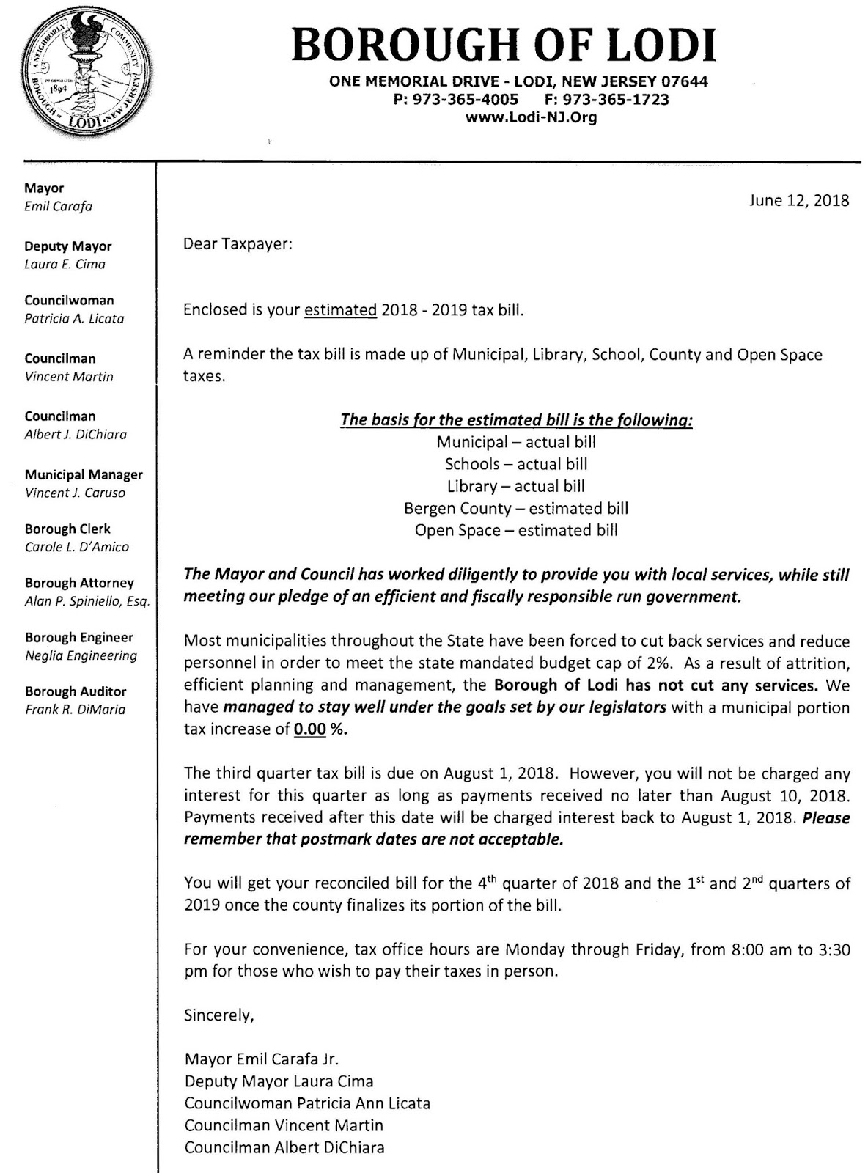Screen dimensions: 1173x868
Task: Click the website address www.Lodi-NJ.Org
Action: pos(531,117)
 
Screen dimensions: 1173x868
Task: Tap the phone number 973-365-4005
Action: pos(466,100)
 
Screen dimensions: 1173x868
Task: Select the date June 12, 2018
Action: pos(798,201)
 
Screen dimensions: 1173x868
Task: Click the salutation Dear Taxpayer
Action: pos(238,243)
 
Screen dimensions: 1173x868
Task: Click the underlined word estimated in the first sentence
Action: pos(340,309)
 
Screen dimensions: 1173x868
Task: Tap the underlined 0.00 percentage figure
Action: pos(309,729)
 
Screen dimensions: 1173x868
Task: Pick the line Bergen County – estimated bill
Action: pos(515,508)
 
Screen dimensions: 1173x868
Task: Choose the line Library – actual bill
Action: pos(515,486)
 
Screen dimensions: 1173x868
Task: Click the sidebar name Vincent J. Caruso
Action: pos(75,493)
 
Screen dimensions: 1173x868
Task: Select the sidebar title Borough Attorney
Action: pos(79,583)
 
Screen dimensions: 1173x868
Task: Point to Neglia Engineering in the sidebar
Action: pos(81,655)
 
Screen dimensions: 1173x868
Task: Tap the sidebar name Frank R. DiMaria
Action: pos(75,709)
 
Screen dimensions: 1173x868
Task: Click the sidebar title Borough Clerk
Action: pos(67,529)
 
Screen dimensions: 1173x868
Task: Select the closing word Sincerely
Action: pos(218,1015)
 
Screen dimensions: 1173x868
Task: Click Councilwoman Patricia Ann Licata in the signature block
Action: pos(307,1103)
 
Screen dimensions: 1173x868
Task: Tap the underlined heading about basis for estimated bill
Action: pos(516,420)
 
